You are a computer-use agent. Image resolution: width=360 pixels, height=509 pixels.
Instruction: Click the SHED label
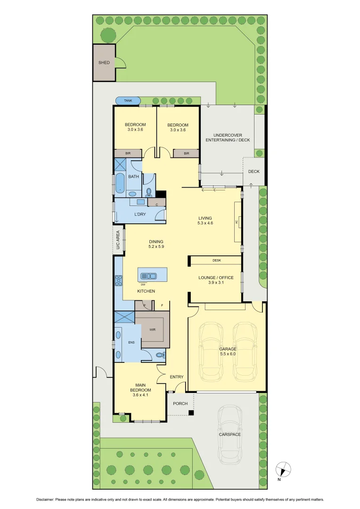[104, 62]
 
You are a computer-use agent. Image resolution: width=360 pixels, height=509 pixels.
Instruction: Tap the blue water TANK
[128, 101]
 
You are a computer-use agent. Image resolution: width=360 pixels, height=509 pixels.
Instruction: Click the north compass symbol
[283, 469]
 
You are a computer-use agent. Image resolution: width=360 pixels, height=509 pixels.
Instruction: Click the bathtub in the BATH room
[120, 183]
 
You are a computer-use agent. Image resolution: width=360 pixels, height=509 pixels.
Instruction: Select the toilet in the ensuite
[159, 355]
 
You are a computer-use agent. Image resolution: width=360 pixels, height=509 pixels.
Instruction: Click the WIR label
[152, 330]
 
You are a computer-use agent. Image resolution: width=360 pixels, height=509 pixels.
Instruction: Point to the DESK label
[217, 260]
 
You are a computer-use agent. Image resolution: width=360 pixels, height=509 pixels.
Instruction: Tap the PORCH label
[180, 403]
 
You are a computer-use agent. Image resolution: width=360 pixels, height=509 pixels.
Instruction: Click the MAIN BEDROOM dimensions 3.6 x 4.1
[141, 395]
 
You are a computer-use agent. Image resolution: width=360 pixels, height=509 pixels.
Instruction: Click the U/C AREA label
[118, 240]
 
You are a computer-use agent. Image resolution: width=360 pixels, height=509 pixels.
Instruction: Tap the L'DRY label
[139, 214]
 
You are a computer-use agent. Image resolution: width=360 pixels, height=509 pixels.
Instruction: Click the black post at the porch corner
[191, 413]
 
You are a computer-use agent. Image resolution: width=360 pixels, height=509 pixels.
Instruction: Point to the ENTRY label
[176, 377]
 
